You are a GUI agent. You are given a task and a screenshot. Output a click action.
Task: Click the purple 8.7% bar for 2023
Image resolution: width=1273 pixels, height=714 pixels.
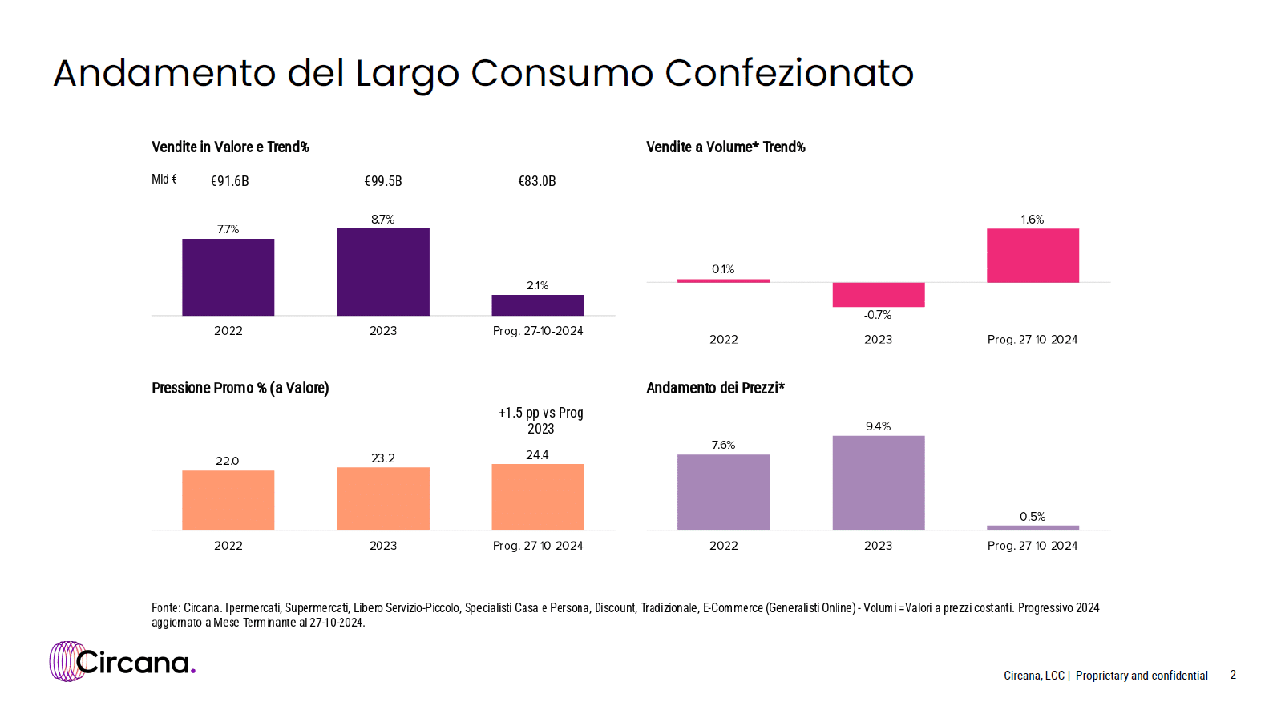(383, 272)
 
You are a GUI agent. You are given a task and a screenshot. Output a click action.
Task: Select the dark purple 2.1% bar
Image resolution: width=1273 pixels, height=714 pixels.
(538, 305)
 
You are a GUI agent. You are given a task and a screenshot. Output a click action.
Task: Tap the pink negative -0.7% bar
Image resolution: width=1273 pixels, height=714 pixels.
(879, 295)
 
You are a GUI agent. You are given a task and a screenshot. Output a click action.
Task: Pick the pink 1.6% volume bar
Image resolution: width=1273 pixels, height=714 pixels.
(1033, 256)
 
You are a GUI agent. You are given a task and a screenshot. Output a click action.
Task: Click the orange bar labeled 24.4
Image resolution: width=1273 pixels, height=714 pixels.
(538, 497)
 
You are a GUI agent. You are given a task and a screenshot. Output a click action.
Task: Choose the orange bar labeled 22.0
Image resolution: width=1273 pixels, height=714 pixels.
(228, 500)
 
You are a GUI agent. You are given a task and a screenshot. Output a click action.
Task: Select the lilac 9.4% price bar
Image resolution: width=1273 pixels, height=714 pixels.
(879, 483)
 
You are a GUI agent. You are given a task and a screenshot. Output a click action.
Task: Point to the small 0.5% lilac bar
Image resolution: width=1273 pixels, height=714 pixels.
(1033, 528)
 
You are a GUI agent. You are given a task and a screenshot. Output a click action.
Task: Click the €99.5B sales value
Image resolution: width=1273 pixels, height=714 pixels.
(383, 181)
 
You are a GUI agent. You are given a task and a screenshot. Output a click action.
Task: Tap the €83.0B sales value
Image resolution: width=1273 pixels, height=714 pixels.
(537, 181)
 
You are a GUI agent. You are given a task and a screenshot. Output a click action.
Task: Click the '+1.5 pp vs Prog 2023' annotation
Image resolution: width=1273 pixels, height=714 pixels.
(540, 421)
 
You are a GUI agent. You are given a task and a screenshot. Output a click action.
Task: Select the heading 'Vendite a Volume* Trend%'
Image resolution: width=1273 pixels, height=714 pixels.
(725, 147)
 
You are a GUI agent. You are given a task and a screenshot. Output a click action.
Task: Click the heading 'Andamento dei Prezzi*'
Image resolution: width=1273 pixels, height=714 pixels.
(716, 388)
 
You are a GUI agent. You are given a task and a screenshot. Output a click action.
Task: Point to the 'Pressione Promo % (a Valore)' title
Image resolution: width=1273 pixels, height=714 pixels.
(240, 389)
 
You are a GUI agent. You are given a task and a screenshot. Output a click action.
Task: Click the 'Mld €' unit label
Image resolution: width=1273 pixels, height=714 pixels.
(164, 180)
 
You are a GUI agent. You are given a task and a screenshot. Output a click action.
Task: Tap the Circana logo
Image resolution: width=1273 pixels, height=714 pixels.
(122, 661)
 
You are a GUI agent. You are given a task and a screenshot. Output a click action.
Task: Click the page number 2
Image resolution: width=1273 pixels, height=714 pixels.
(1233, 675)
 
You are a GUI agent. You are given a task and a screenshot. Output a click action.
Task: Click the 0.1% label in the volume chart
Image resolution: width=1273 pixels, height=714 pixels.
(723, 269)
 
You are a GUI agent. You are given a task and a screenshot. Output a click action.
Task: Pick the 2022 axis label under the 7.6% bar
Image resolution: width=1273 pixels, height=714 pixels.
(723, 545)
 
